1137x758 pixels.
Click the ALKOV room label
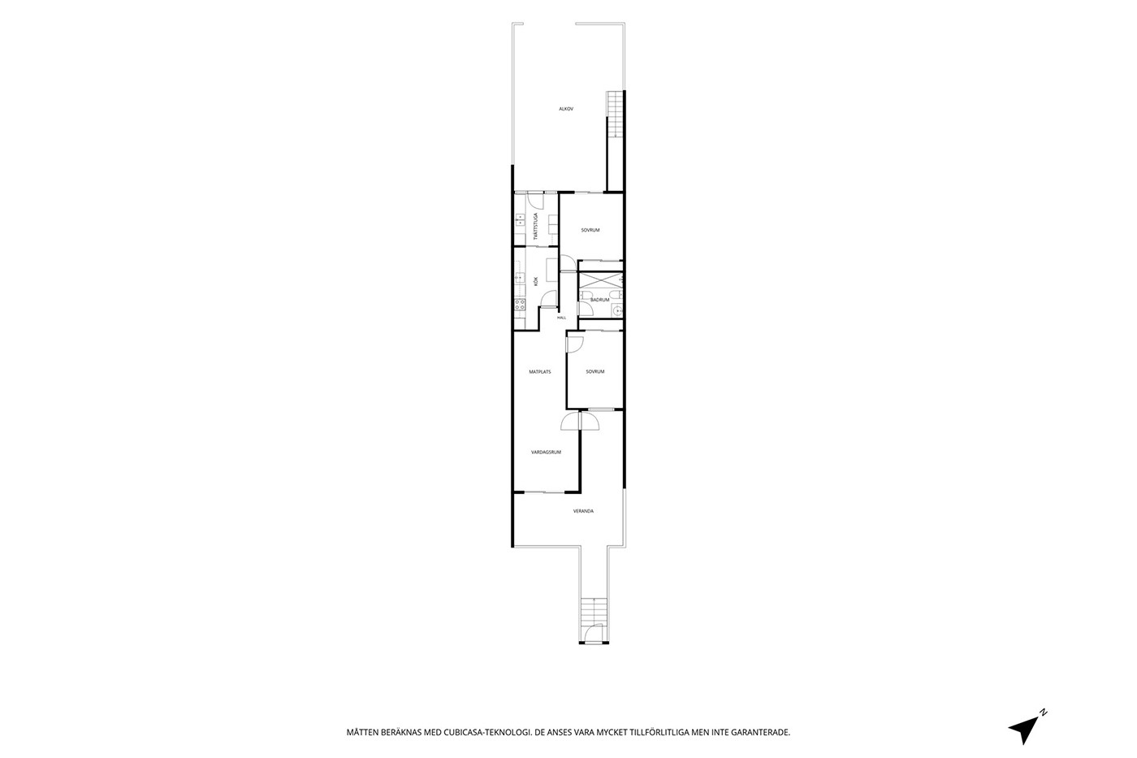point(566,109)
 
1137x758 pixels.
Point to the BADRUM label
point(600,300)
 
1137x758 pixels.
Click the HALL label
point(561,318)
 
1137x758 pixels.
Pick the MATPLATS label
point(540,371)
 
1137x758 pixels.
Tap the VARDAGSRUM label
point(546,452)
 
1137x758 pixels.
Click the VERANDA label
point(583,511)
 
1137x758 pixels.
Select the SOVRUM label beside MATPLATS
point(595,371)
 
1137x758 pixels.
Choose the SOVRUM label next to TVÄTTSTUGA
point(590,230)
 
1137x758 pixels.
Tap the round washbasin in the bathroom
point(617,310)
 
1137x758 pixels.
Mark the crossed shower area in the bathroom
point(600,281)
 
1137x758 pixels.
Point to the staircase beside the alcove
point(615,114)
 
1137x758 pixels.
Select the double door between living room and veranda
point(580,421)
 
